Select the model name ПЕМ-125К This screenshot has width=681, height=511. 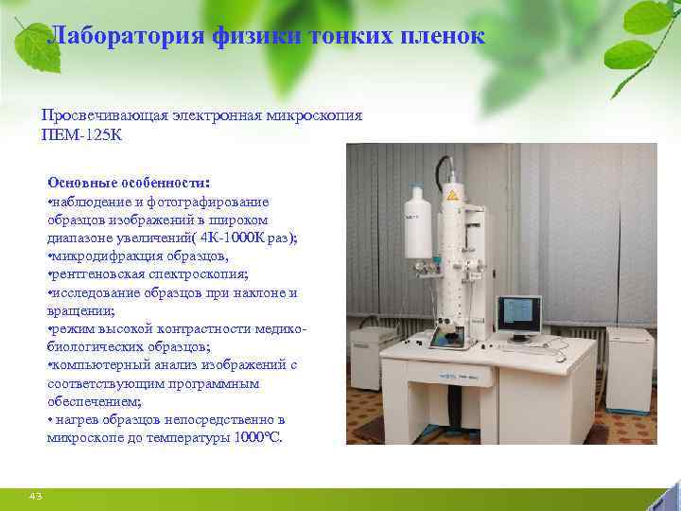click(81, 133)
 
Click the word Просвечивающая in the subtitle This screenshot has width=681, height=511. click(103, 115)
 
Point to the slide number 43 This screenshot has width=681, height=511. click(35, 497)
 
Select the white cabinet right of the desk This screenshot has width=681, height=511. click(628, 369)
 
